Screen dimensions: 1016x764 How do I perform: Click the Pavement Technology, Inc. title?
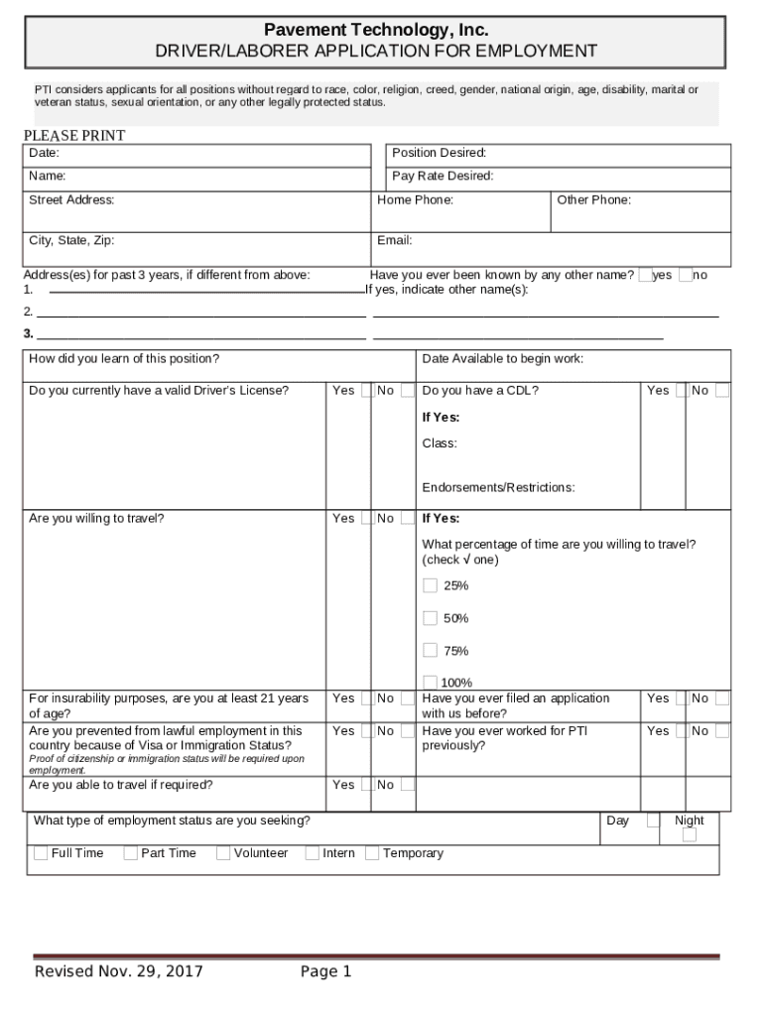[x=376, y=30]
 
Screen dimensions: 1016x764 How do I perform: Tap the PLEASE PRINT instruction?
[x=74, y=136]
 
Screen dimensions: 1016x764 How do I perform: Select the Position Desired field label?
[x=439, y=153]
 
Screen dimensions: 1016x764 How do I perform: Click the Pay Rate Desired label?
[x=443, y=177]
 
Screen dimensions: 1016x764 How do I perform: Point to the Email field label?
[x=395, y=240]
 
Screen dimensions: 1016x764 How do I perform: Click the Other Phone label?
[x=593, y=200]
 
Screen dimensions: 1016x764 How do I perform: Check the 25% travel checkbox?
[x=430, y=585]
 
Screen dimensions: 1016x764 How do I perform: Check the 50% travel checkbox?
[x=430, y=618]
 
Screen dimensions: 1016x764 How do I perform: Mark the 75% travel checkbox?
[x=430, y=651]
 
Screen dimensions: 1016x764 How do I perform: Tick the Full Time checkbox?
[x=41, y=853]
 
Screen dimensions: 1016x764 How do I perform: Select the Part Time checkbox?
[x=130, y=853]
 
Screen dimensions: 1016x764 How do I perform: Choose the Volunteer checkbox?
[x=223, y=853]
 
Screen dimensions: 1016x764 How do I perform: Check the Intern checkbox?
[x=312, y=853]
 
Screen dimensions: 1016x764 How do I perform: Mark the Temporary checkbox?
[x=372, y=853]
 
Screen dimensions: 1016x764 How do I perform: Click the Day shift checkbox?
[x=653, y=821]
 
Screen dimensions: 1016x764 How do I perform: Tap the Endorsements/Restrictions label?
[x=498, y=488]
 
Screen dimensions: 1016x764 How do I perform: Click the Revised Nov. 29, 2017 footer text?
[x=119, y=971]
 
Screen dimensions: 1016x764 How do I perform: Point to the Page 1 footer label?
[x=326, y=971]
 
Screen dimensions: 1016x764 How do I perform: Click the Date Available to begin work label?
[x=502, y=358]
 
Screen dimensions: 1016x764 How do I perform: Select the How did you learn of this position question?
[x=124, y=358]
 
